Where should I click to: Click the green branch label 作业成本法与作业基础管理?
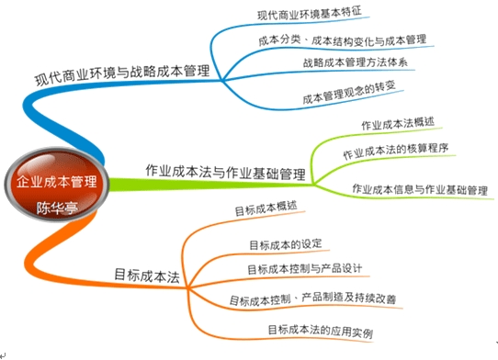(225, 171)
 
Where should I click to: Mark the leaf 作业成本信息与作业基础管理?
(420, 190)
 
